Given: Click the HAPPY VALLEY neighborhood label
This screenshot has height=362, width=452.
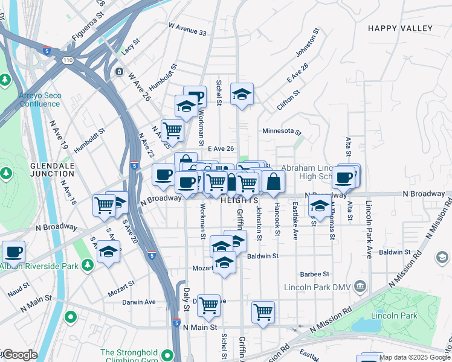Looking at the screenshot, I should pos(400,28).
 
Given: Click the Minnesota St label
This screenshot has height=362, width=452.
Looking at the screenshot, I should pos(282,131).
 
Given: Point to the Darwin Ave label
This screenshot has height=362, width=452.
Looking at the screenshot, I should pos(138,302).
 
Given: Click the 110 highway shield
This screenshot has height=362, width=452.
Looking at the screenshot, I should pos(66,60).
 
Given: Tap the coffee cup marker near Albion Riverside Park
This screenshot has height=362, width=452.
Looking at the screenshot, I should pos(13,252).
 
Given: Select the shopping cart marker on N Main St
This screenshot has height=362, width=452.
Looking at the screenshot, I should pos(263,312).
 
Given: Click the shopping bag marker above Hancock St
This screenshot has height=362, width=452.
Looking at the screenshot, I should pos(273,181).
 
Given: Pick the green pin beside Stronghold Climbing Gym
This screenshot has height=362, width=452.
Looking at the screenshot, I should pos(71,316).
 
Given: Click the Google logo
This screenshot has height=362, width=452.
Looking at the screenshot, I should pos(20,355).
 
